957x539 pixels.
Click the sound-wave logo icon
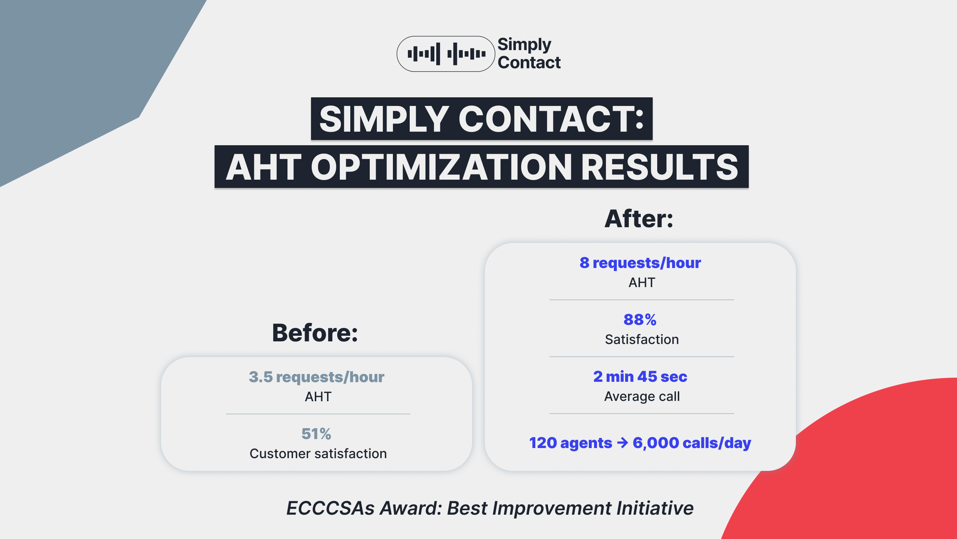click(446, 54)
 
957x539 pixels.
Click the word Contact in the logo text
click(529, 63)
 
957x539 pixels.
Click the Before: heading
click(315, 333)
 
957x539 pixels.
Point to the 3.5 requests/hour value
click(316, 377)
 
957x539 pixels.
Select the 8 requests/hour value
click(640, 263)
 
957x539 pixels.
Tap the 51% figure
click(316, 434)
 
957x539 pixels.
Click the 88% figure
click(640, 320)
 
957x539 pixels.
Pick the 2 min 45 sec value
click(640, 377)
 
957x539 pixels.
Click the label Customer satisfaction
click(318, 454)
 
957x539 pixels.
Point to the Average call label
click(642, 396)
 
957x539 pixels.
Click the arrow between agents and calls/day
click(622, 443)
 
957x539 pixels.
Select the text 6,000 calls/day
click(692, 443)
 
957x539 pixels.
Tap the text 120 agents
click(570, 443)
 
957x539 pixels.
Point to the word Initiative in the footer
click(655, 508)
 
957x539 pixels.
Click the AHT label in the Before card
click(318, 397)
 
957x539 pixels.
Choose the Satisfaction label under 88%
click(642, 339)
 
